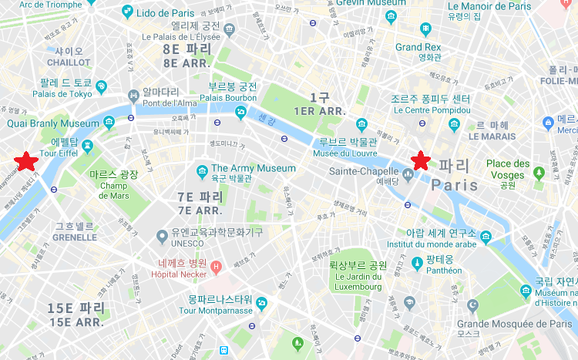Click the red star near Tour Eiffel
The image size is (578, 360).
click(26, 161)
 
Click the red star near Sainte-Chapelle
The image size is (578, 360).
click(420, 160)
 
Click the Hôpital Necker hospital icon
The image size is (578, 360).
click(216, 267)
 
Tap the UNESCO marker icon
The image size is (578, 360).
click(162, 236)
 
